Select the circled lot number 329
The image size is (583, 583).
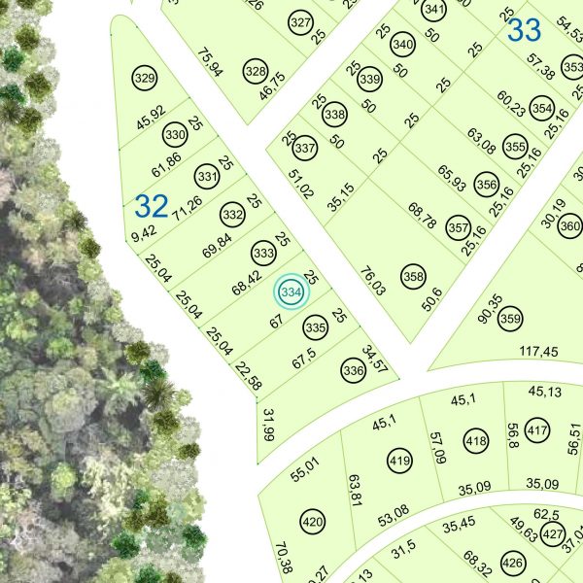[x=145, y=79]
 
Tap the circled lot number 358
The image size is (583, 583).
[x=413, y=275]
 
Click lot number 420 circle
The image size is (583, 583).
[x=312, y=523]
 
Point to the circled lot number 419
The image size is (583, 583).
[x=398, y=460]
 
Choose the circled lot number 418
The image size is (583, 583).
[x=475, y=440]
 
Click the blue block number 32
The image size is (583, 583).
[x=152, y=206]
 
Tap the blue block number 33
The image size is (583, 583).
[x=524, y=31]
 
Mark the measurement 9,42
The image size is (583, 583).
[x=142, y=233]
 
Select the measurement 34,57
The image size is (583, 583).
[x=374, y=358]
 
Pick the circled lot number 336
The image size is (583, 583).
[x=353, y=370]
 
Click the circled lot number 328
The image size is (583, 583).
[x=256, y=71]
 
